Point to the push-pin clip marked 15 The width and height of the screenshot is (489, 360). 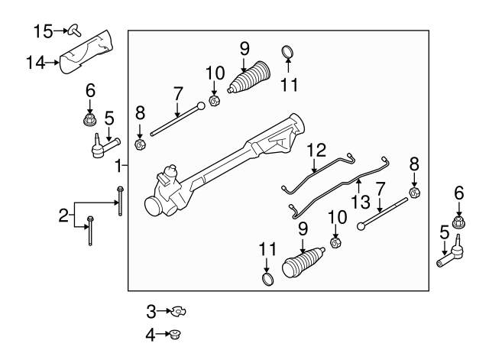click(x=74, y=30)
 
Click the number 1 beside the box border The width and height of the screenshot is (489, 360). click(x=118, y=166)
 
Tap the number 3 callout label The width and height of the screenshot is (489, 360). click(x=151, y=310)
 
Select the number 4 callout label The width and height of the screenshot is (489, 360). click(x=151, y=334)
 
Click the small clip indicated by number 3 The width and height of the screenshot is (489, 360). click(x=179, y=310)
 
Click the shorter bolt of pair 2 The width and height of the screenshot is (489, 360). click(x=91, y=230)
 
